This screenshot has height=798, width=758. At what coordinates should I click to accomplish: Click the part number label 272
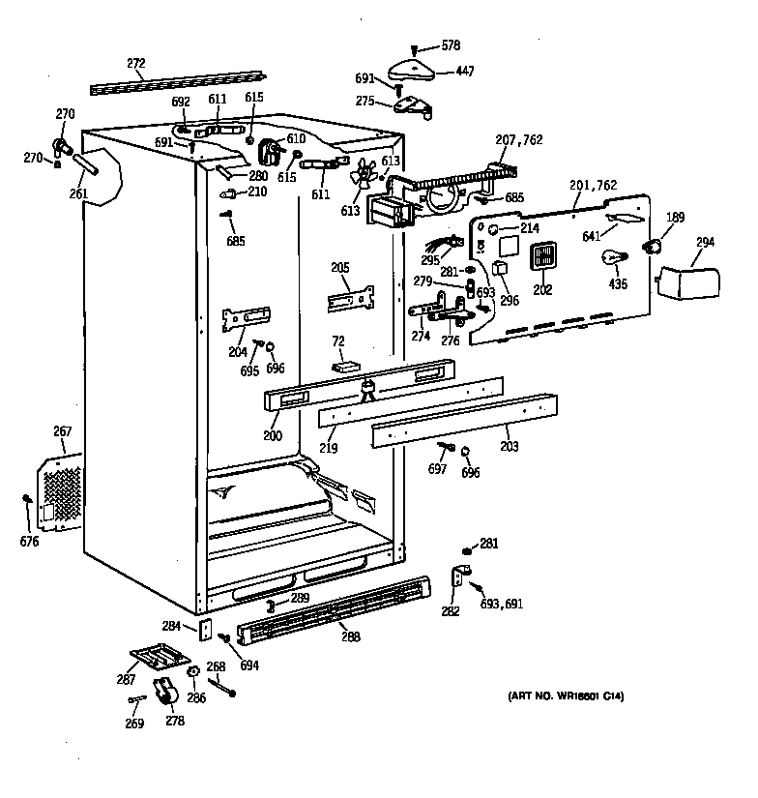click(x=135, y=64)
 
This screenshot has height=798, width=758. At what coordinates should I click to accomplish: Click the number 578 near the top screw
click(x=451, y=45)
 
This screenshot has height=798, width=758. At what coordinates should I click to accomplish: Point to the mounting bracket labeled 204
click(x=246, y=318)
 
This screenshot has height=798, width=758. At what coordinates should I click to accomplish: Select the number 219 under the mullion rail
click(x=331, y=448)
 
